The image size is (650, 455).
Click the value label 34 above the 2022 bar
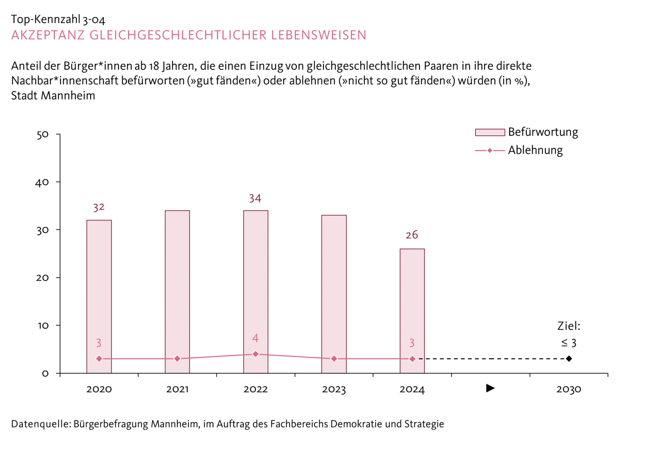click(255, 198)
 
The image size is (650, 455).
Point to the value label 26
click(412, 235)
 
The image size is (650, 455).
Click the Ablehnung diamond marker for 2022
click(255, 354)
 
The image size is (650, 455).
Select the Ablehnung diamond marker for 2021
click(177, 359)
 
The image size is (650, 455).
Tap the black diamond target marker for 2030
click(569, 359)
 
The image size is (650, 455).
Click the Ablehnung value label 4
click(255, 338)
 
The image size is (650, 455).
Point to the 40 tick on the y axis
click(42, 182)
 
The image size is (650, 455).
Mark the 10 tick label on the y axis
click(42, 326)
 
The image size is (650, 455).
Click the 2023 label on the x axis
click(334, 389)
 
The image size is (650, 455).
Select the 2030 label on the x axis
click(569, 389)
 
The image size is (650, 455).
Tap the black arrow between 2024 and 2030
click(490, 388)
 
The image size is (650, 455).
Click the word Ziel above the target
click(568, 326)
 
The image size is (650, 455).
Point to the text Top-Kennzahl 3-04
click(58, 19)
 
